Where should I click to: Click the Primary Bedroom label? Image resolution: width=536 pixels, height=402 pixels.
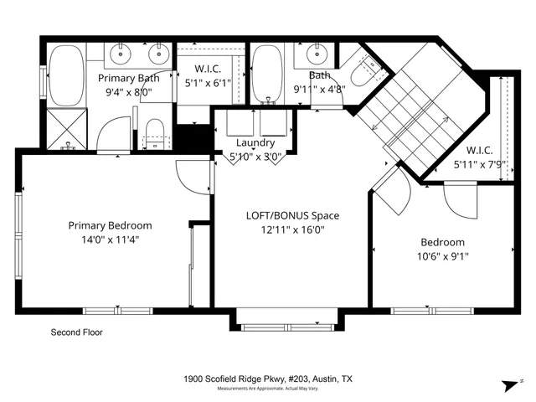pos(110,225)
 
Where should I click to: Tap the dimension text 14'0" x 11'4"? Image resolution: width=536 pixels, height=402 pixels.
pos(110,240)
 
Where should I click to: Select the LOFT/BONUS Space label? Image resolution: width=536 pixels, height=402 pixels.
pos(291,215)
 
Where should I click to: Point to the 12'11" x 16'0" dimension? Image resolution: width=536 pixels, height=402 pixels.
pos(291,229)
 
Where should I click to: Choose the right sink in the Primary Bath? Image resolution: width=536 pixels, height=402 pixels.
pos(157,55)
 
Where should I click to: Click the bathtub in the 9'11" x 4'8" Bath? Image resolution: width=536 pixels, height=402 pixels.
pos(268,73)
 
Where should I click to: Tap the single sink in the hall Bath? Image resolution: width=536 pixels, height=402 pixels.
pos(317,55)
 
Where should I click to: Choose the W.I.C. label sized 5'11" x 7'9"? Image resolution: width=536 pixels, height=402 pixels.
pos(472,152)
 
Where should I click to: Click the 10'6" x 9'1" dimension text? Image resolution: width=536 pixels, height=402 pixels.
pos(443,257)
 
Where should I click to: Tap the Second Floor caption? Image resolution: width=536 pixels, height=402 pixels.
pos(77,332)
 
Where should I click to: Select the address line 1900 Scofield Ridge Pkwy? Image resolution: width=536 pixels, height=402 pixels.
pos(268,379)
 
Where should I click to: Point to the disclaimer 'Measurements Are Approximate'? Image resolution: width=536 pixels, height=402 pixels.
pos(268,389)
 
